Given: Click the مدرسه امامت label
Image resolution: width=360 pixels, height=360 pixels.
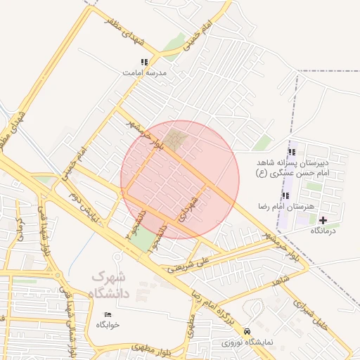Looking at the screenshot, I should click(144, 72).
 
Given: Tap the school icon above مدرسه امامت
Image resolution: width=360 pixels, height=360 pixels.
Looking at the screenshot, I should click(145, 62).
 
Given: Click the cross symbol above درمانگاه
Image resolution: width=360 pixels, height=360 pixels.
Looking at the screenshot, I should click(323, 220).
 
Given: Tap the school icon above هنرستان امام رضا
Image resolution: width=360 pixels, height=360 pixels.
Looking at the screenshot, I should click(285, 195).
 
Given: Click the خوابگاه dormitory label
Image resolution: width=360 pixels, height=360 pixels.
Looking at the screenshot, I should click(108, 325).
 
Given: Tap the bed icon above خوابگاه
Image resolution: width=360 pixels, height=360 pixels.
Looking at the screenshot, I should click(108, 314).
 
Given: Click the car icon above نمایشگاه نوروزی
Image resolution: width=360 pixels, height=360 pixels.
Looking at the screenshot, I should click(246, 331).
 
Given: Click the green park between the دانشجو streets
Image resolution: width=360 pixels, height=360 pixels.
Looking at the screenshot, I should click(143, 240).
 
